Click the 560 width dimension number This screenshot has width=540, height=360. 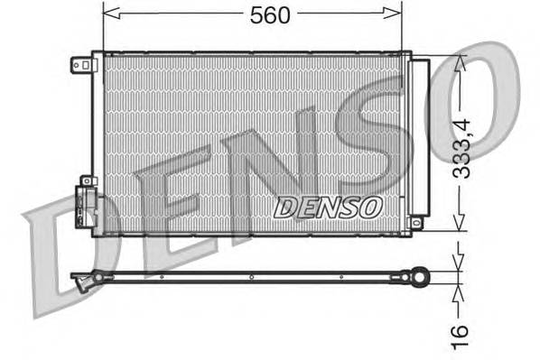pyautogui.click(x=270, y=14)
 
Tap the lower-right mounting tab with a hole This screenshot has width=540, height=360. pyautogui.click(x=417, y=221)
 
